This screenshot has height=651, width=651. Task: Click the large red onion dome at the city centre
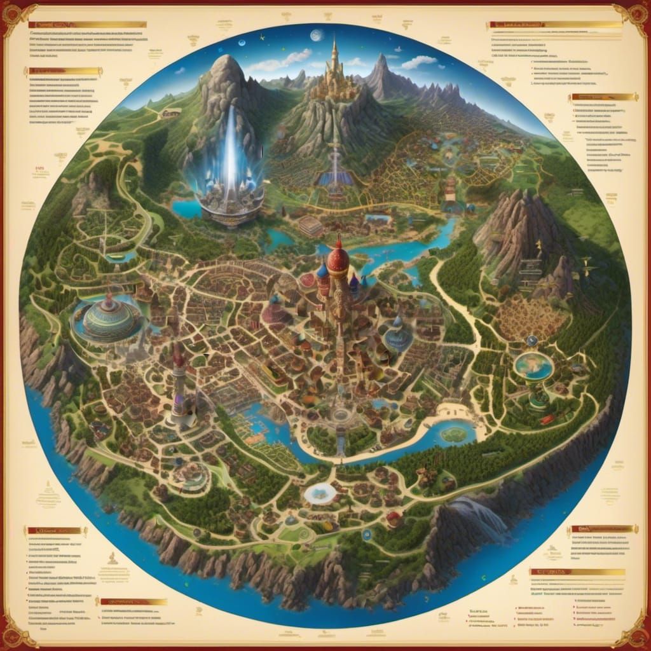(338, 261)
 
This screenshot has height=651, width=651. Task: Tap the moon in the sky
(316, 36)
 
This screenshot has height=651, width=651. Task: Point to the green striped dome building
(112, 317)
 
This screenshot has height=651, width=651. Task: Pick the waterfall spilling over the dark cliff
(483, 515)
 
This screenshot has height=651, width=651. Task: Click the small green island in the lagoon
(454, 434)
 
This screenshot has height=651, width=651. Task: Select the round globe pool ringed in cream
(533, 366)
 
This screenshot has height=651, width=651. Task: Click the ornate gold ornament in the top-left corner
(15, 15)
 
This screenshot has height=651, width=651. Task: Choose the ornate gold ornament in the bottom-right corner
(634, 634)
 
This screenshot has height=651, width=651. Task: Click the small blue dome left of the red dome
(322, 271)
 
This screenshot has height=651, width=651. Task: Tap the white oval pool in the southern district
(320, 493)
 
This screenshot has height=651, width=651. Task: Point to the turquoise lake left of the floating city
(186, 209)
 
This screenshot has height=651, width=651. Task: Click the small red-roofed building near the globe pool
(545, 420)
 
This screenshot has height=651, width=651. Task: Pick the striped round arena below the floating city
(311, 226)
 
